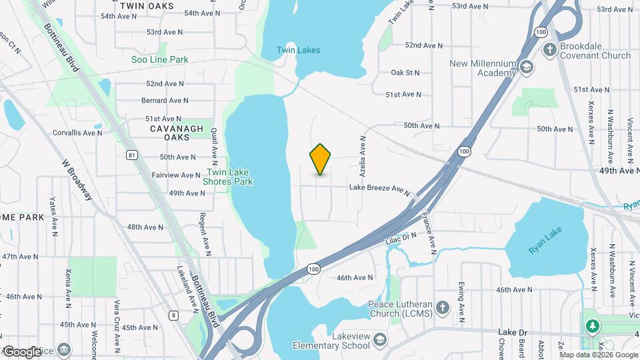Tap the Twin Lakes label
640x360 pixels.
(299, 50)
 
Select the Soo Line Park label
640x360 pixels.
(160, 59)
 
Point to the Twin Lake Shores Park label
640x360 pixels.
(228, 176)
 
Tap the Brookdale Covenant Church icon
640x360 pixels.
(549, 49)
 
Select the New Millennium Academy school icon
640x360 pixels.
(527, 67)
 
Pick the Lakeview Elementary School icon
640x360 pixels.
(379, 340)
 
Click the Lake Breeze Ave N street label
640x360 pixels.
(379, 189)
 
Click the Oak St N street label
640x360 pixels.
(405, 72)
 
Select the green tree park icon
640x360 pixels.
(591, 326)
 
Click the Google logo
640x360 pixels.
(22, 351)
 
